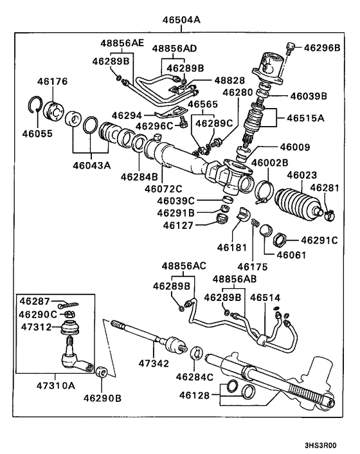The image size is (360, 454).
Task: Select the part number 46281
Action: (324, 188)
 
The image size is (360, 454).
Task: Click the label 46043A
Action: (93, 165)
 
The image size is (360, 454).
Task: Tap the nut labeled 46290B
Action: (102, 373)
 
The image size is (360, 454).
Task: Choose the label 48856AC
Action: (184, 266)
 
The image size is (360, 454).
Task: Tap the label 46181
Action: (233, 246)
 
